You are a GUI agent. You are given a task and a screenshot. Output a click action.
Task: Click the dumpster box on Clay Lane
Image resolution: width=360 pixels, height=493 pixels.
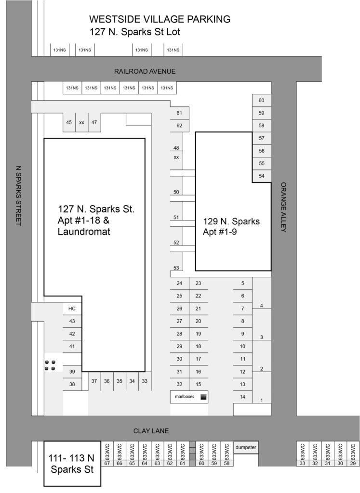246,447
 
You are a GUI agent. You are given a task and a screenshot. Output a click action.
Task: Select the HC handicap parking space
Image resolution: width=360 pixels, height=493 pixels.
72,309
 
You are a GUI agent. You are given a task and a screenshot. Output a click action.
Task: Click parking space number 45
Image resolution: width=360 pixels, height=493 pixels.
69,123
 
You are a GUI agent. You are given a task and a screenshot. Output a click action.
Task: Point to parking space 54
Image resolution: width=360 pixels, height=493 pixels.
262,176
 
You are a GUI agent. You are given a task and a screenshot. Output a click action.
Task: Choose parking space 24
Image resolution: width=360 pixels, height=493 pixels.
179,284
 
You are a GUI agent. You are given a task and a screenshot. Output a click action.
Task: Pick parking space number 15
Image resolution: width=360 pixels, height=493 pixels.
198,384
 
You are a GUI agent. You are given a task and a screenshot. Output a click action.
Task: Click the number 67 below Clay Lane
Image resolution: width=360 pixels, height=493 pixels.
107,463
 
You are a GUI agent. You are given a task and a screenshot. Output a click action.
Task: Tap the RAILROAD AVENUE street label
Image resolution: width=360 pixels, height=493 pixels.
145,71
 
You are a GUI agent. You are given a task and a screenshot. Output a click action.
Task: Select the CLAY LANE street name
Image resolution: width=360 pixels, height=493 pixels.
151,431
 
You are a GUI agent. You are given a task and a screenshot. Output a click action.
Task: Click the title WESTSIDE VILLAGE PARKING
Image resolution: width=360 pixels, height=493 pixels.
160,20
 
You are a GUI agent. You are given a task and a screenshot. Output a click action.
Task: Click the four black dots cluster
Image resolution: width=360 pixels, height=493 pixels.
49,365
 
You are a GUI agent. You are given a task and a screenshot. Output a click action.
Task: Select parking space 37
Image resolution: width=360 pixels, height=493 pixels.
94,381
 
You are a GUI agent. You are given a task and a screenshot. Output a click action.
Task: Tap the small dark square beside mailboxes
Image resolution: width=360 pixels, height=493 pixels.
203,397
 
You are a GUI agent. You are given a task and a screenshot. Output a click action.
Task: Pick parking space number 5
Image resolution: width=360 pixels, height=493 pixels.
243,284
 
